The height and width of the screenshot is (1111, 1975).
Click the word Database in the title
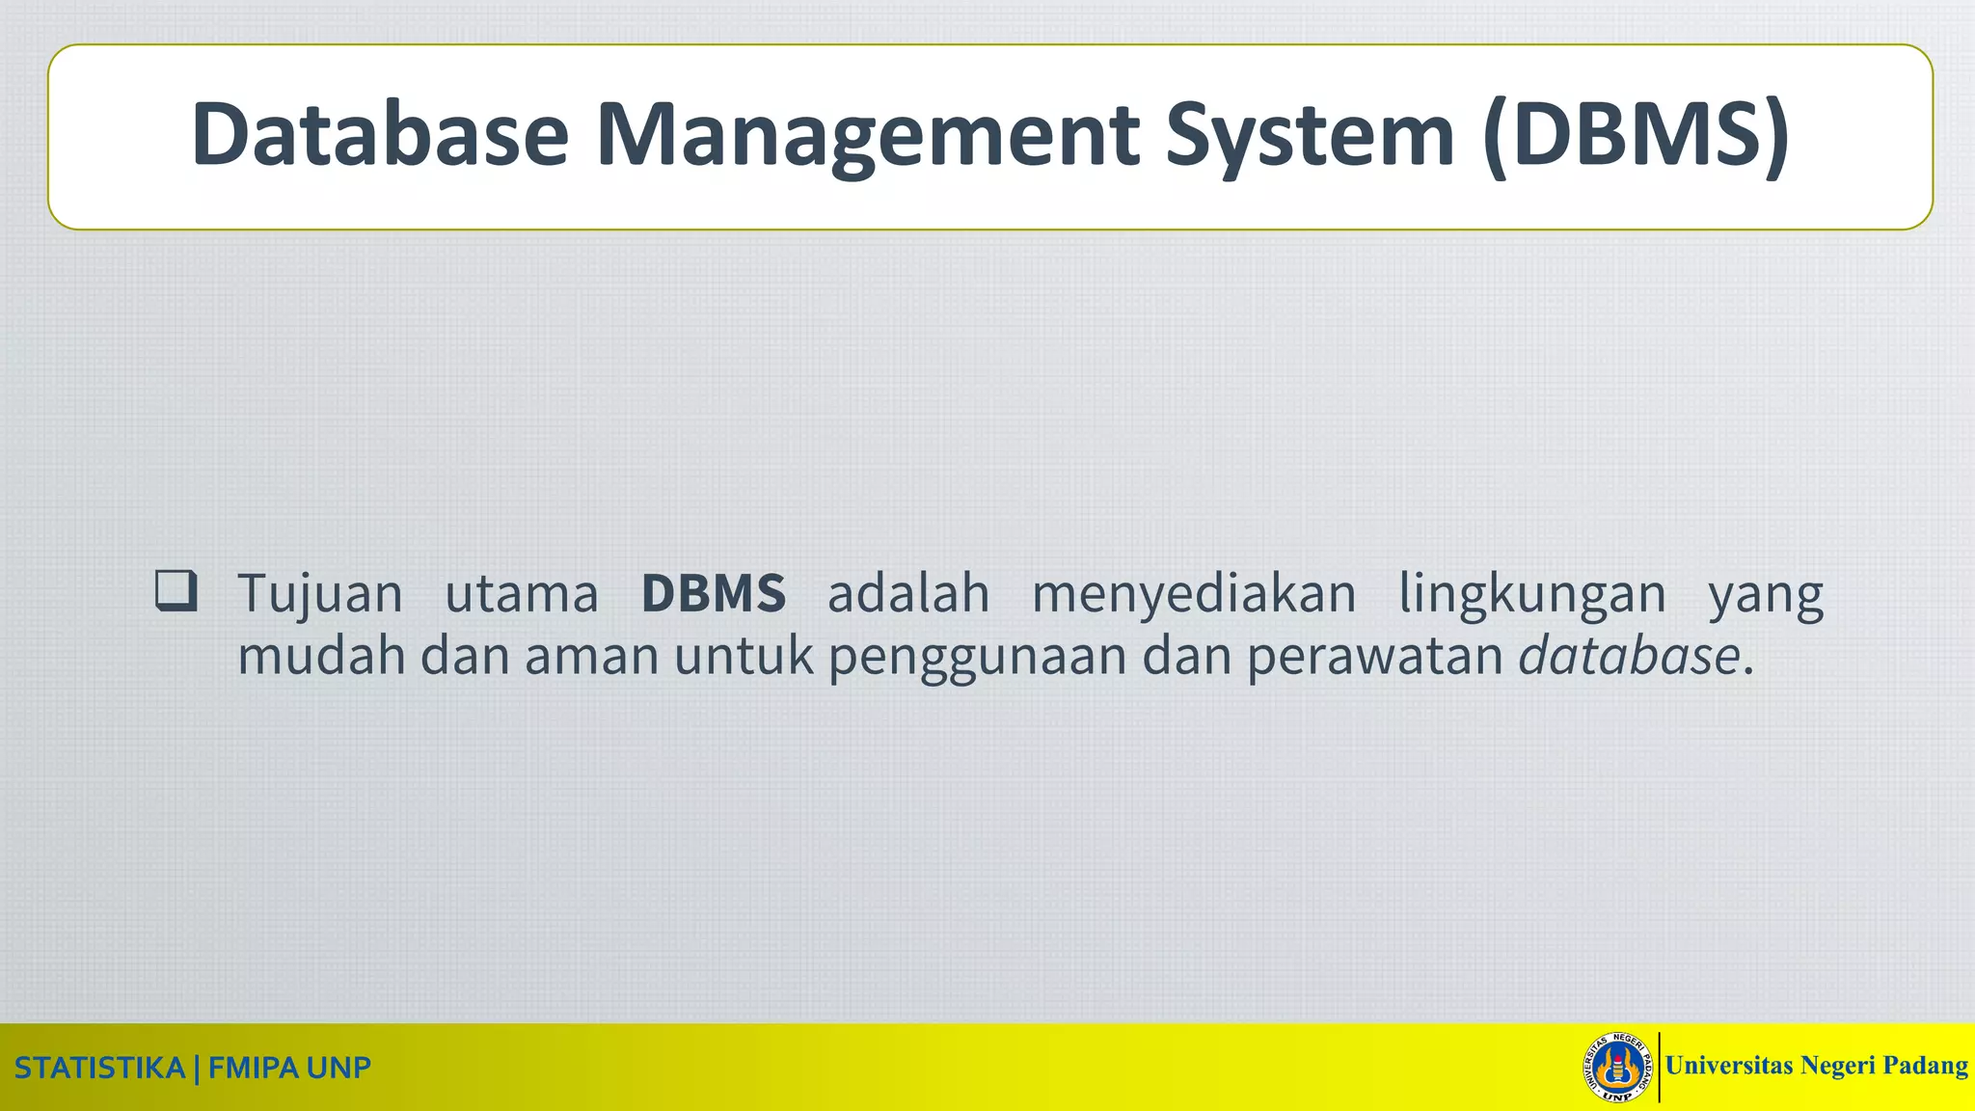pyautogui.click(x=380, y=135)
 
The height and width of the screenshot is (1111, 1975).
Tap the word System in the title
pyautogui.click(x=1309, y=135)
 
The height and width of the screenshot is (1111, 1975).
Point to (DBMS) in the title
pyautogui.click(x=1637, y=135)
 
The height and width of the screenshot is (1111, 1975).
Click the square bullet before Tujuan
pyautogui.click(x=176, y=591)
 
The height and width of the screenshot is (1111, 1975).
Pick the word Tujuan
pyautogui.click(x=320, y=594)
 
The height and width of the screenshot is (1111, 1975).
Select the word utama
pyautogui.click(x=522, y=594)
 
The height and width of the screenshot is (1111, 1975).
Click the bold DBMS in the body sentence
pyautogui.click(x=714, y=593)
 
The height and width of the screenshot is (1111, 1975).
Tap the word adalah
pyautogui.click(x=908, y=593)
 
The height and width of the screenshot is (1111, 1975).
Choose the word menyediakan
pyautogui.click(x=1194, y=594)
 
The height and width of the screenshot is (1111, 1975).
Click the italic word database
pyautogui.click(x=1629, y=656)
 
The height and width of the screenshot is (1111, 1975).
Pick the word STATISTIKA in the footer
pyautogui.click(x=99, y=1068)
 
